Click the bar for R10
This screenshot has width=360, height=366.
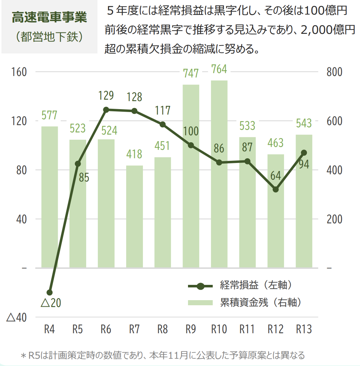coord(219,174)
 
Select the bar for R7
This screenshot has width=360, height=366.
coord(135,216)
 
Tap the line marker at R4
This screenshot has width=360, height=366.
coord(49,293)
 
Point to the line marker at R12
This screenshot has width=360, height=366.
coord(276,189)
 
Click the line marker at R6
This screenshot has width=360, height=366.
coord(106,110)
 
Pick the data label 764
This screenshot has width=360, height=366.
coord(219,69)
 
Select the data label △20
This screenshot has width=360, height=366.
coord(51,303)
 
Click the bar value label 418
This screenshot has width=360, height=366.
coord(134,154)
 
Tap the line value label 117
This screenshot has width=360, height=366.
coord(163,110)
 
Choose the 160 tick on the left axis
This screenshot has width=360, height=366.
coord(19,72)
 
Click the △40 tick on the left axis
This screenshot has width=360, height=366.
coord(16,318)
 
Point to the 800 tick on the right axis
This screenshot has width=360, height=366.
coord(334,72)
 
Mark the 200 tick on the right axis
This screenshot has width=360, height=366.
coord(334,219)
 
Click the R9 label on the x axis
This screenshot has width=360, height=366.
coord(191,329)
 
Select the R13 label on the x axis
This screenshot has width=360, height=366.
coord(304,329)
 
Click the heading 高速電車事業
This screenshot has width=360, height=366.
coord(49,17)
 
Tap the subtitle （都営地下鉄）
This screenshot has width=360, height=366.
coord(49,37)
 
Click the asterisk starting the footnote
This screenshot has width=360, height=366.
coord(23,355)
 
